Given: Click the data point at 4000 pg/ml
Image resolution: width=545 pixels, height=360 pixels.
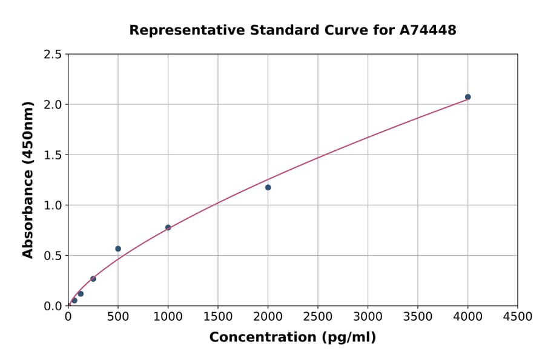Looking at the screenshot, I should [467, 97].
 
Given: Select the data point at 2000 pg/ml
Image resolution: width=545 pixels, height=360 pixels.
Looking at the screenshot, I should [268, 187].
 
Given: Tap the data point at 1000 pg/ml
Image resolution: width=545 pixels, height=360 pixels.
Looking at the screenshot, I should [168, 228].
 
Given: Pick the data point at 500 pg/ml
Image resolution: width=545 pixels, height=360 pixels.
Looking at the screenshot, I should [118, 248].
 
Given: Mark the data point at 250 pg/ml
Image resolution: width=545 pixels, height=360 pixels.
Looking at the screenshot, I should [93, 279].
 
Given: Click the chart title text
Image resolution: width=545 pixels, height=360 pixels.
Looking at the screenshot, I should [292, 30].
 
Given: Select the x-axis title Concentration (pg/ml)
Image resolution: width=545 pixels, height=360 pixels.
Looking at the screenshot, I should [292, 338].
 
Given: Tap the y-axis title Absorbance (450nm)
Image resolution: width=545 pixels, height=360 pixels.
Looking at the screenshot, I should [28, 179].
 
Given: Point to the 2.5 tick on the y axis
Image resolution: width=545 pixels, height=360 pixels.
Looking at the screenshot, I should [53, 55].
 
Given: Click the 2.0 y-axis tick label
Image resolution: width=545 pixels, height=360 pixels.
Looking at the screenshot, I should [53, 105].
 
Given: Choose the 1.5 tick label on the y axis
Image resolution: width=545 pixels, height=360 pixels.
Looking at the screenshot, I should [53, 155].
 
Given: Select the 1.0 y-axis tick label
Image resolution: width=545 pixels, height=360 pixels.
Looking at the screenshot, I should [53, 205].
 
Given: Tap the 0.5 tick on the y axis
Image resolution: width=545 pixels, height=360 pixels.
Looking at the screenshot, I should [53, 256].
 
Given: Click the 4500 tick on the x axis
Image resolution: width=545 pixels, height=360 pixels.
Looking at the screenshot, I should [518, 316].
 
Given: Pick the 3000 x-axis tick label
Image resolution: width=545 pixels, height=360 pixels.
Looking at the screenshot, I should [368, 316].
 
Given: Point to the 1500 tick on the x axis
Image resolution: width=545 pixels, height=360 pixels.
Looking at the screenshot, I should [218, 316].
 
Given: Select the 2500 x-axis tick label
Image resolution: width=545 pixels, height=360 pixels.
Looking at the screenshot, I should [318, 316].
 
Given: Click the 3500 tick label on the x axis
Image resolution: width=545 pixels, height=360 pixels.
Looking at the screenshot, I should [418, 316].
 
